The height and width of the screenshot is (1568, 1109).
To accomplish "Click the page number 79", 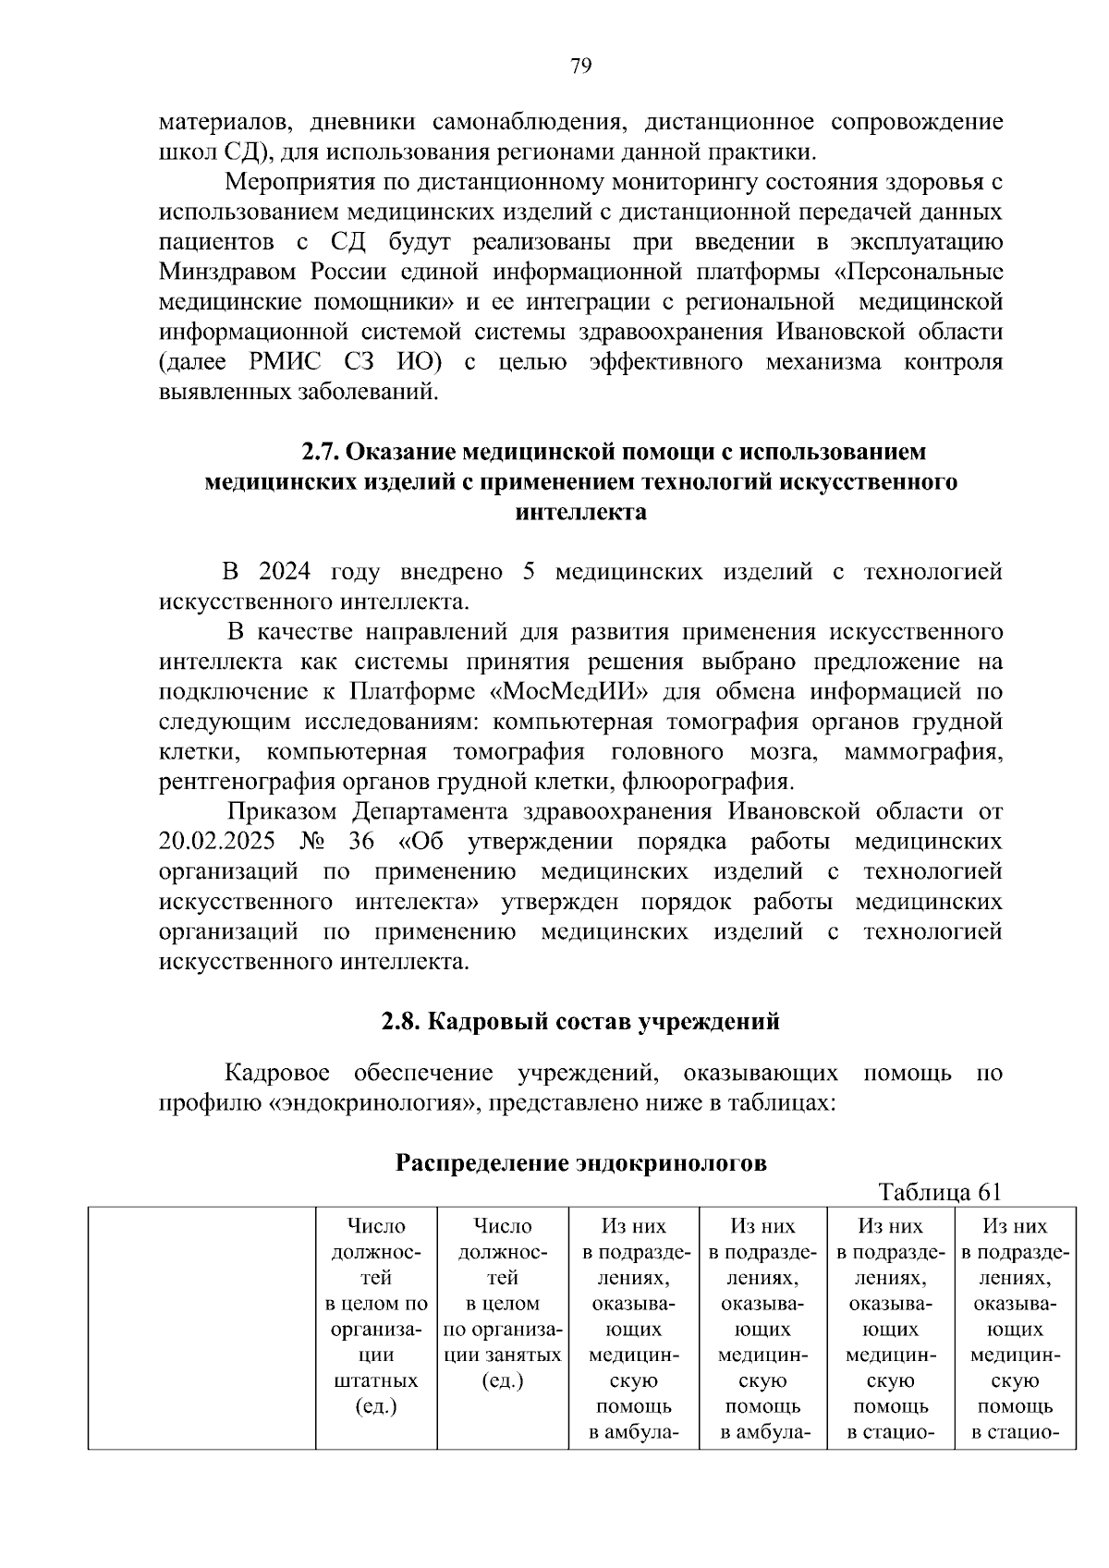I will [x=580, y=66].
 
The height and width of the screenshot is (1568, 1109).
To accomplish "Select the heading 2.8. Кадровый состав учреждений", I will [x=580, y=1021].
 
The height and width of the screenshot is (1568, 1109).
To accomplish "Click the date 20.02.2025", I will [x=218, y=842].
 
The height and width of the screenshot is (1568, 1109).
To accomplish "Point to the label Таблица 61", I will [x=941, y=1191].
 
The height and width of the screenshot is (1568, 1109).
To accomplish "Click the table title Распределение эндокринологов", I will [x=580, y=1162].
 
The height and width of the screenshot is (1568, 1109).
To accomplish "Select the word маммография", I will [x=923, y=751].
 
